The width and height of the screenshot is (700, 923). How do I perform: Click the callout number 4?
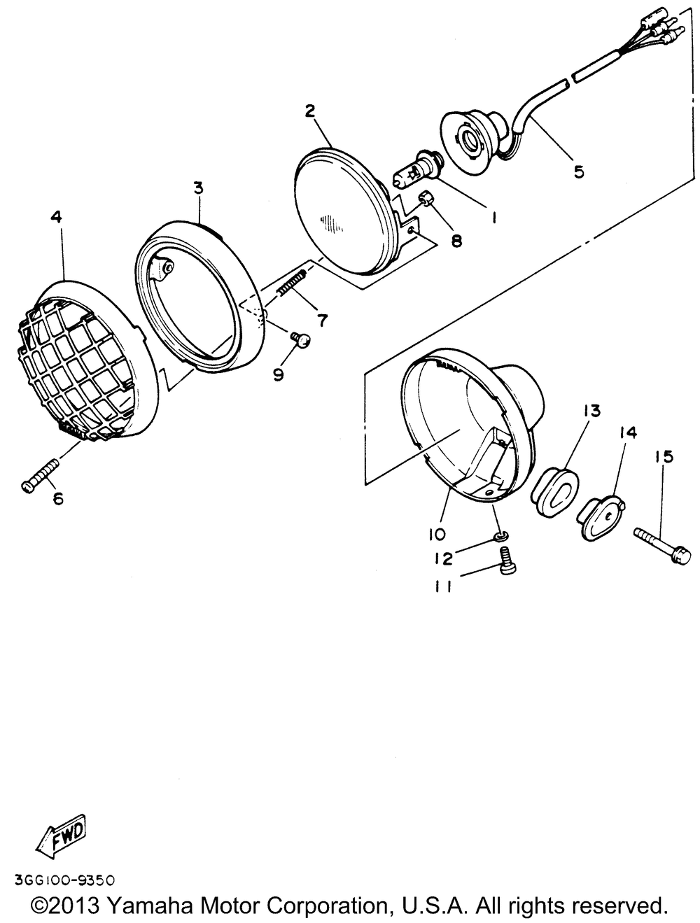click(56, 218)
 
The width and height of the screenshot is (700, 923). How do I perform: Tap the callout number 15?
click(664, 457)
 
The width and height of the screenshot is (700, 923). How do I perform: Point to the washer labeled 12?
click(499, 536)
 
